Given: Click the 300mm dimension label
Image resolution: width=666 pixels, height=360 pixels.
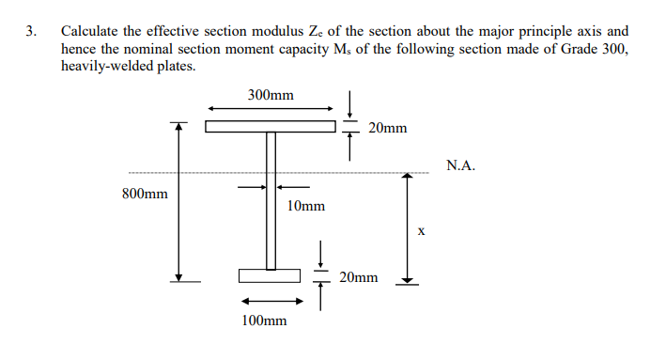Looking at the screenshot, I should pyautogui.click(x=271, y=95).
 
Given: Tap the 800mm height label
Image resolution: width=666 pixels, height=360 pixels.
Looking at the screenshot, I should pyautogui.click(x=146, y=195).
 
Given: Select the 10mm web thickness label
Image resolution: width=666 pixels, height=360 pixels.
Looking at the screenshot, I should pyautogui.click(x=306, y=205).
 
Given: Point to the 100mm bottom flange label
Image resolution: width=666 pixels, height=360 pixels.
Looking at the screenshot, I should pyautogui.click(x=264, y=321).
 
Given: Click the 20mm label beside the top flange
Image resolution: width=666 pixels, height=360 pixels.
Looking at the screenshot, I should pyautogui.click(x=388, y=127).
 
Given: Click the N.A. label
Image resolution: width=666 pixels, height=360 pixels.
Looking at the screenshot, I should pyautogui.click(x=461, y=165).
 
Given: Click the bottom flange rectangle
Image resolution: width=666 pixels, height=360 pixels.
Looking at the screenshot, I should pyautogui.click(x=269, y=275).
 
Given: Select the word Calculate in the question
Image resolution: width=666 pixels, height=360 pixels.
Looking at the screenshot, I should pyautogui.click(x=90, y=31).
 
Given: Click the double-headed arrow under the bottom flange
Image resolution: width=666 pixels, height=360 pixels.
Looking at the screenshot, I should pyautogui.click(x=271, y=302).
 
